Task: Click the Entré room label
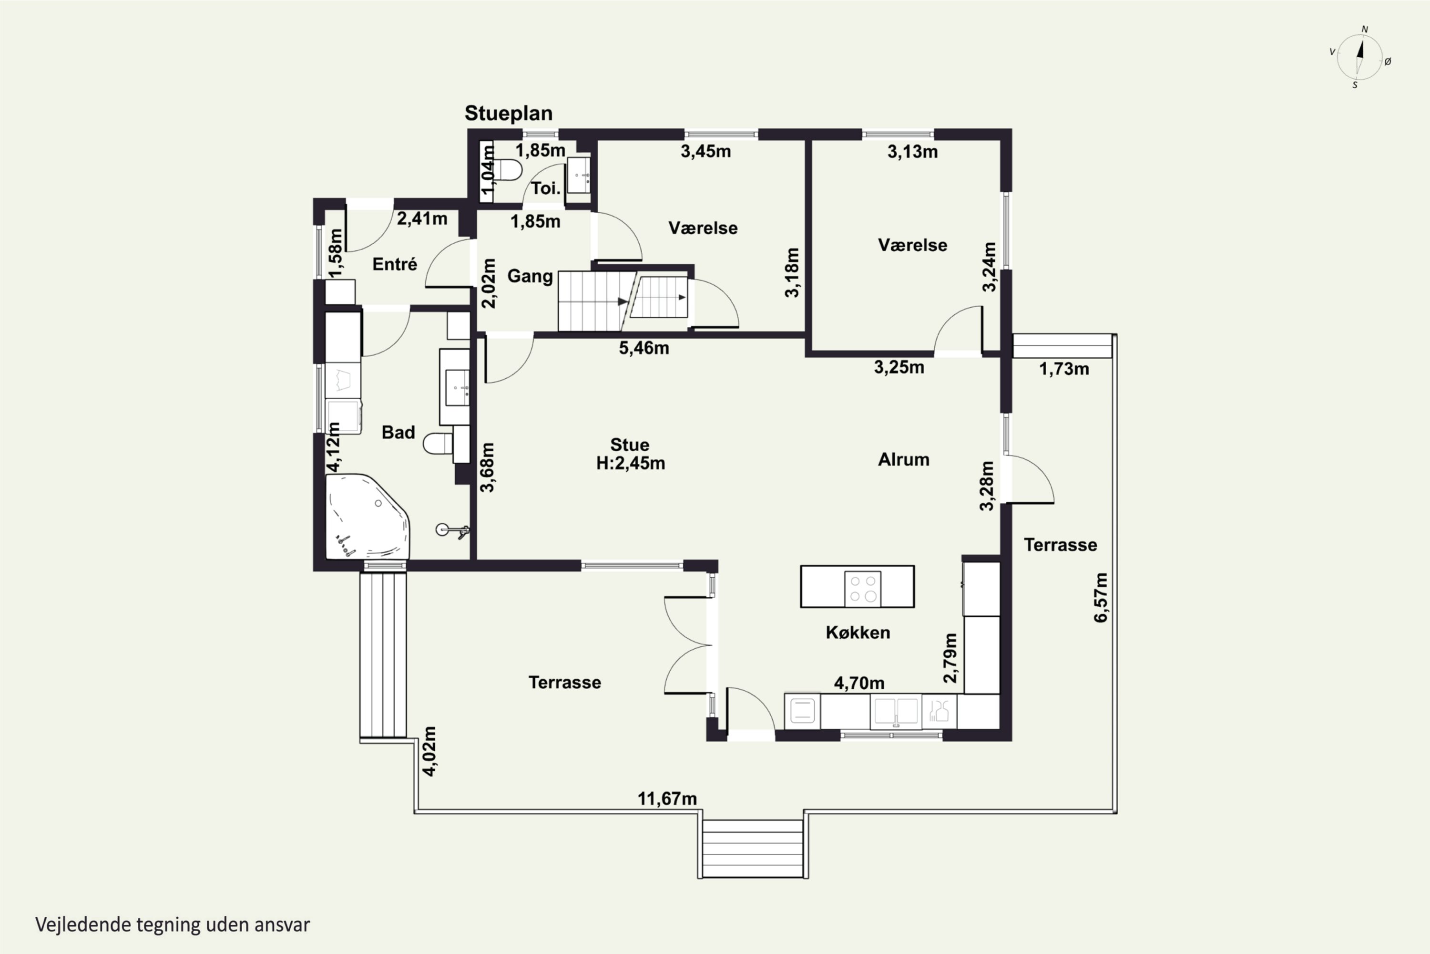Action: pyautogui.click(x=395, y=264)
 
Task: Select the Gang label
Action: pyautogui.click(x=530, y=276)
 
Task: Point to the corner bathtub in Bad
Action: pyautogui.click(x=367, y=517)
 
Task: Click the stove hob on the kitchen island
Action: pyautogui.click(x=862, y=588)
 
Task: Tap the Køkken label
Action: pyautogui.click(x=857, y=632)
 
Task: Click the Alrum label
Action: pyautogui.click(x=903, y=459)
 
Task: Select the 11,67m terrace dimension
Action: pyautogui.click(x=667, y=798)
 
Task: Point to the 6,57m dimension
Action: pyautogui.click(x=1101, y=598)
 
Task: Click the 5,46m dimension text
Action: pyautogui.click(x=644, y=348)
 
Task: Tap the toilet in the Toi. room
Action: pyautogui.click(x=508, y=170)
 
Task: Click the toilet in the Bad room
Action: pyautogui.click(x=439, y=444)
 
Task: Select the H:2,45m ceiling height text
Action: pyautogui.click(x=631, y=464)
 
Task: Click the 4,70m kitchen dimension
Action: pyautogui.click(x=858, y=683)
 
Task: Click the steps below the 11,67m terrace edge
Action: pyautogui.click(x=753, y=848)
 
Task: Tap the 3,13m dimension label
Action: pyautogui.click(x=912, y=152)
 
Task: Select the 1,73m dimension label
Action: pyautogui.click(x=1064, y=369)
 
